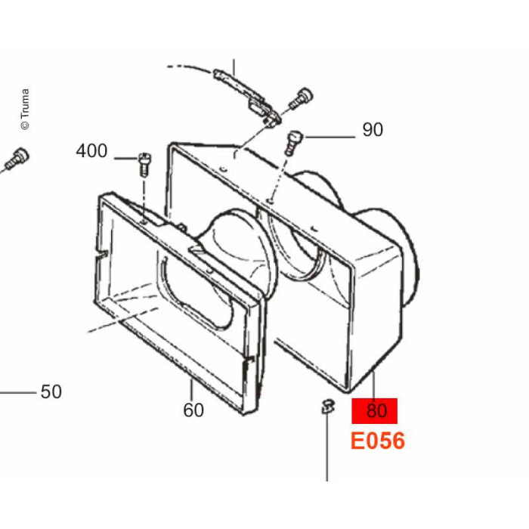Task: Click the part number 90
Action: tap(373, 129)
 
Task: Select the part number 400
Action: tap(91, 151)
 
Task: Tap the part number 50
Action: tap(51, 391)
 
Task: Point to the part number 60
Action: tap(193, 410)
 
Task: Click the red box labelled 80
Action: tap(375, 411)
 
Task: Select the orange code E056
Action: tap(378, 441)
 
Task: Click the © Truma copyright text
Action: tap(25, 109)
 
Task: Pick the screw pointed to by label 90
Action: tap(293, 142)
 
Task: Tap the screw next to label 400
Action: tap(145, 164)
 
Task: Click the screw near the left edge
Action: tap(17, 159)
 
